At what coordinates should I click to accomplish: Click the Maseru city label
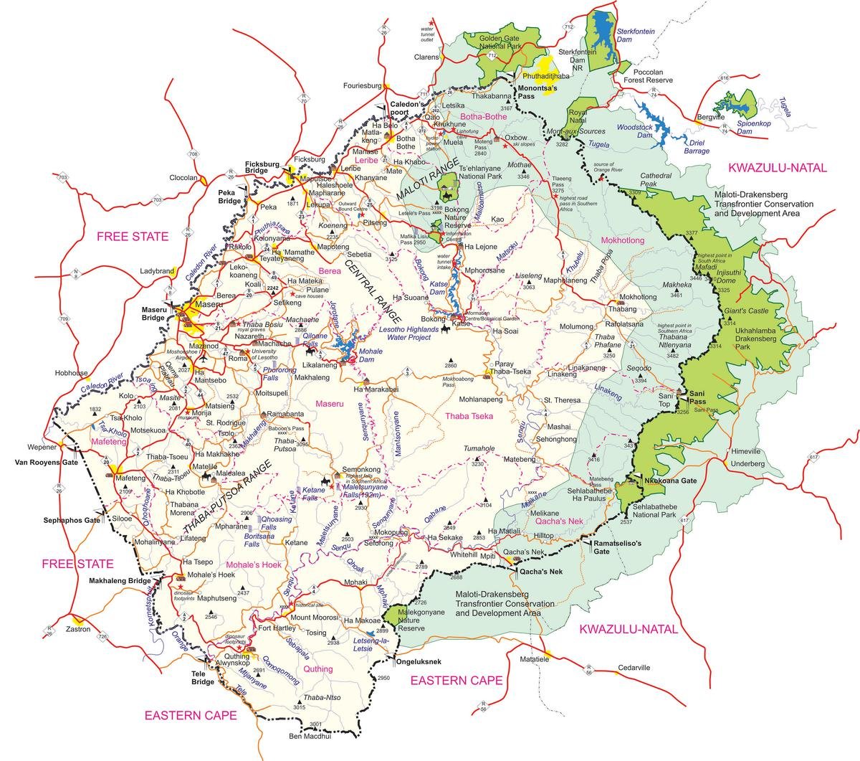pos(209,305)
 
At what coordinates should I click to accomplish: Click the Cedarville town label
pos(634,667)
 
